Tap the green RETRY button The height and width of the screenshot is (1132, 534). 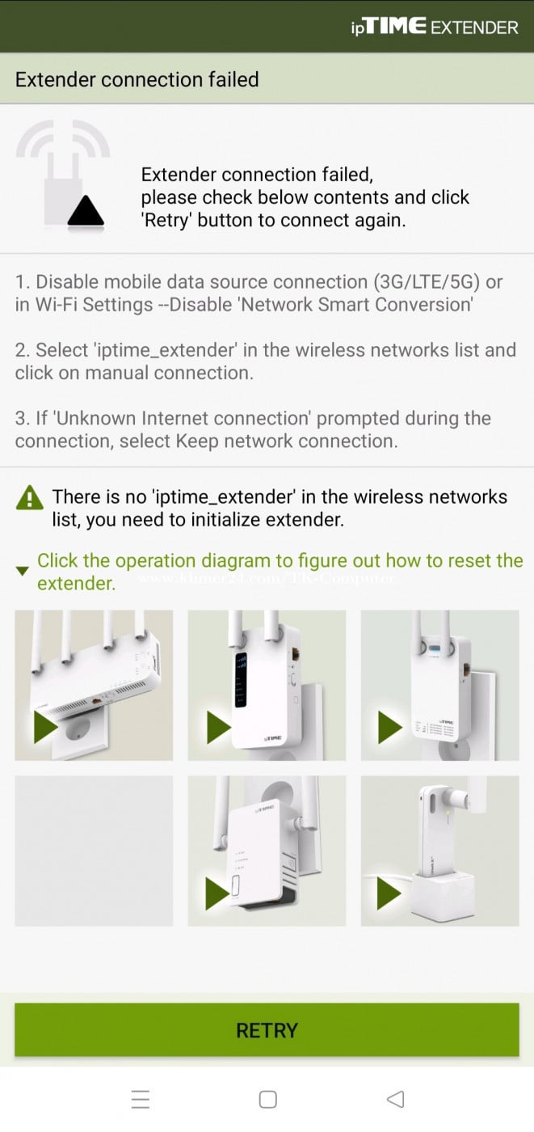pos(267,1029)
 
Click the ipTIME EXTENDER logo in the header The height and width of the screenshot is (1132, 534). pos(434,27)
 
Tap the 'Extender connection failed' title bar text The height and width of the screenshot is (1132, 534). pos(137,79)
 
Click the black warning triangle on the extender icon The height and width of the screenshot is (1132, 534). pos(85,211)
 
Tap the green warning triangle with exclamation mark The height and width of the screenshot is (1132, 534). pos(30,497)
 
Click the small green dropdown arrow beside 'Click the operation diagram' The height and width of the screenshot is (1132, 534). pos(23,571)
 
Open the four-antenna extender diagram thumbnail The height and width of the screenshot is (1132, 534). pos(94,685)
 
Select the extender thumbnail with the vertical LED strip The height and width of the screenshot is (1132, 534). pos(267,685)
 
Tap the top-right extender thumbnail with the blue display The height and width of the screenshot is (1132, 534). pos(439,685)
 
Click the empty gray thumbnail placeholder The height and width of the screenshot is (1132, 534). pos(94,851)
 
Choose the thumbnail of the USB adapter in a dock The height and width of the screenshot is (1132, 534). pos(439,851)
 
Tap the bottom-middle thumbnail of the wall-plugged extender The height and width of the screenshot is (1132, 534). pos(267,851)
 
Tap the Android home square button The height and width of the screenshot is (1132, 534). pos(267,1099)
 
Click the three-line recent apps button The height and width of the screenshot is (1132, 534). pos(141,1099)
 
